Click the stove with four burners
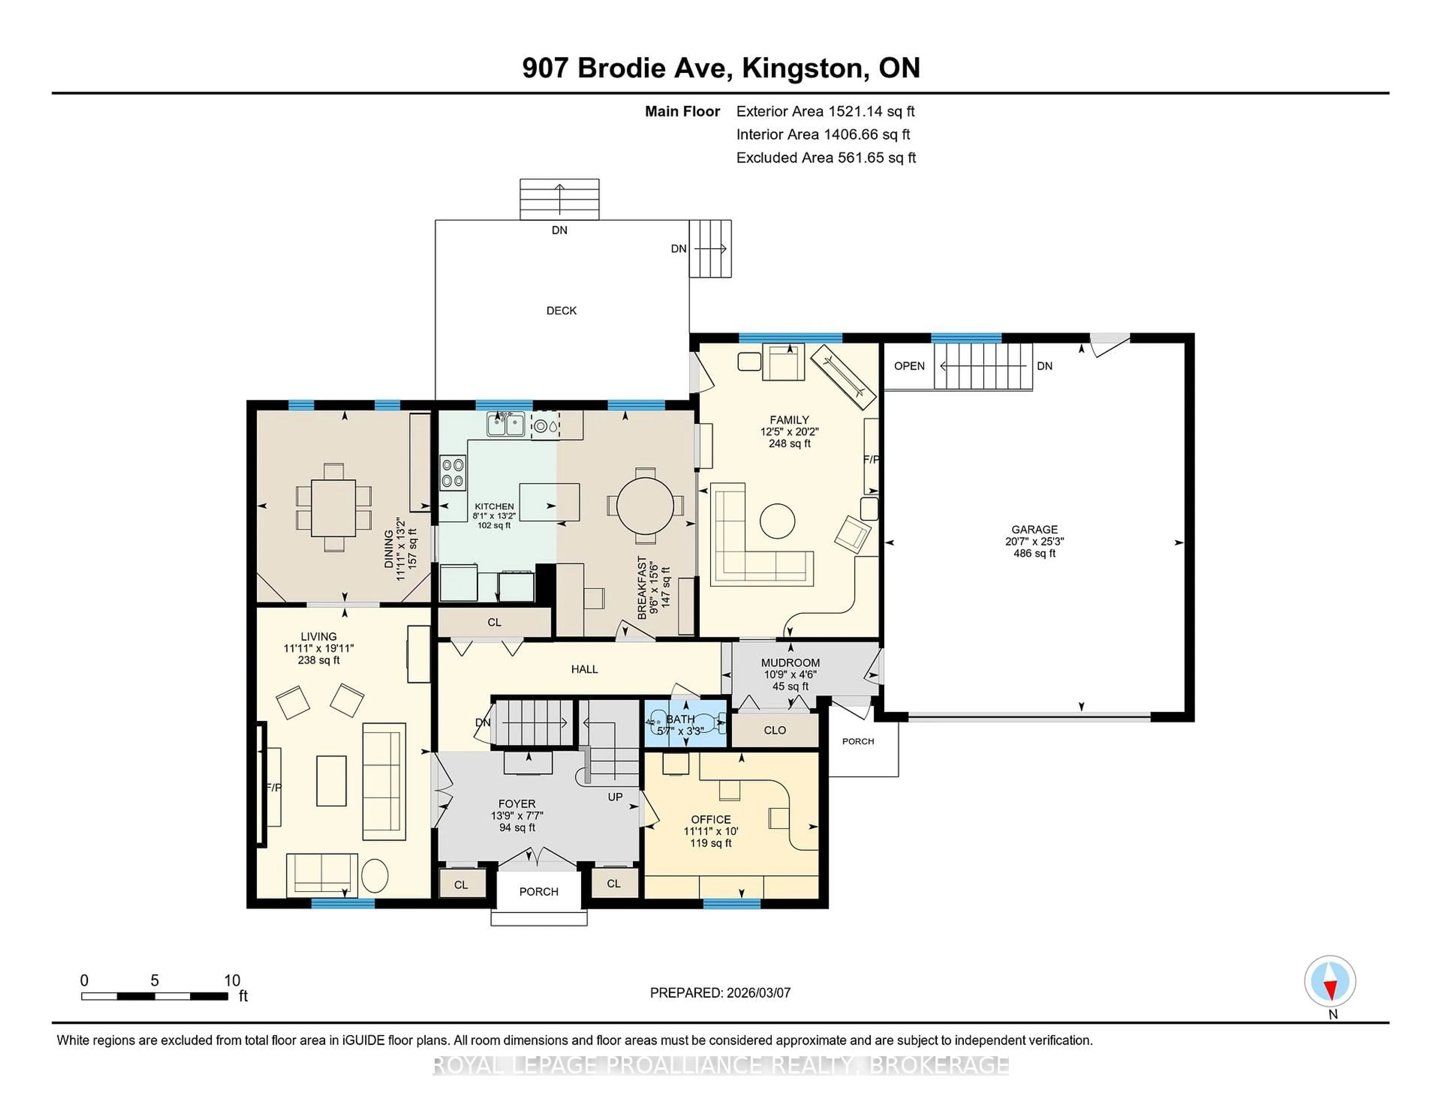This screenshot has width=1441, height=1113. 453,473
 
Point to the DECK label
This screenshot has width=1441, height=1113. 561,310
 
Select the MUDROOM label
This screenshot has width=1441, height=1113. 790,663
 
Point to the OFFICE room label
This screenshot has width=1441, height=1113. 711,819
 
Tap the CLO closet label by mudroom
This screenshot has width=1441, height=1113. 775,730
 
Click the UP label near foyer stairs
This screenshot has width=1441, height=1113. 615,796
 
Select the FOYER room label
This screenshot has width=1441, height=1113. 517,804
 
